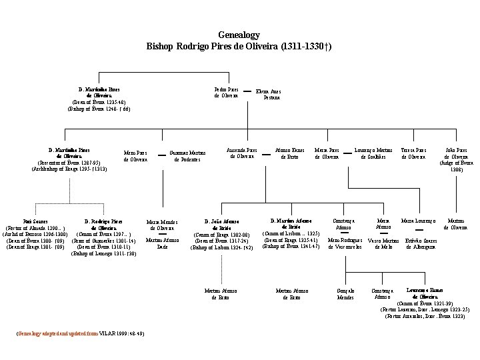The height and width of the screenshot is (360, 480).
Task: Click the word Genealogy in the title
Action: (239, 35)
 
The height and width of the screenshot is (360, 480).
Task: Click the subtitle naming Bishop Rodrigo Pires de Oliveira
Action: (239, 47)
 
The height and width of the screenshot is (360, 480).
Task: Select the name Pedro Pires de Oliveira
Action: (227, 92)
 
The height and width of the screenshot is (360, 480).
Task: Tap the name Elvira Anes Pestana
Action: (269, 94)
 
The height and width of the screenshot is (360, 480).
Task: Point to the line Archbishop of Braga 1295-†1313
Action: (69, 169)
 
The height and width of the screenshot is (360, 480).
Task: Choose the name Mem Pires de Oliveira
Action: (136, 156)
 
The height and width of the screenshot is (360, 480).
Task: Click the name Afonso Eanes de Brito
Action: (290, 153)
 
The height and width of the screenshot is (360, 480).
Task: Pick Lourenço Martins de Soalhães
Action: (373, 153)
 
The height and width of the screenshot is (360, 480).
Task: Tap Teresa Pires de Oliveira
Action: (413, 153)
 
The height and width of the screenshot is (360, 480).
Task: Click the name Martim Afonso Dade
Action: (162, 243)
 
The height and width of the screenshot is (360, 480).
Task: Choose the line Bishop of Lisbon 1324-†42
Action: (222, 247)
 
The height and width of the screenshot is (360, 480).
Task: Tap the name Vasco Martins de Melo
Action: (385, 243)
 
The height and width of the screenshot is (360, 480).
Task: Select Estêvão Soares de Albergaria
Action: (421, 243)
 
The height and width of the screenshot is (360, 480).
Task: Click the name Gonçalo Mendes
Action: (345, 294)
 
